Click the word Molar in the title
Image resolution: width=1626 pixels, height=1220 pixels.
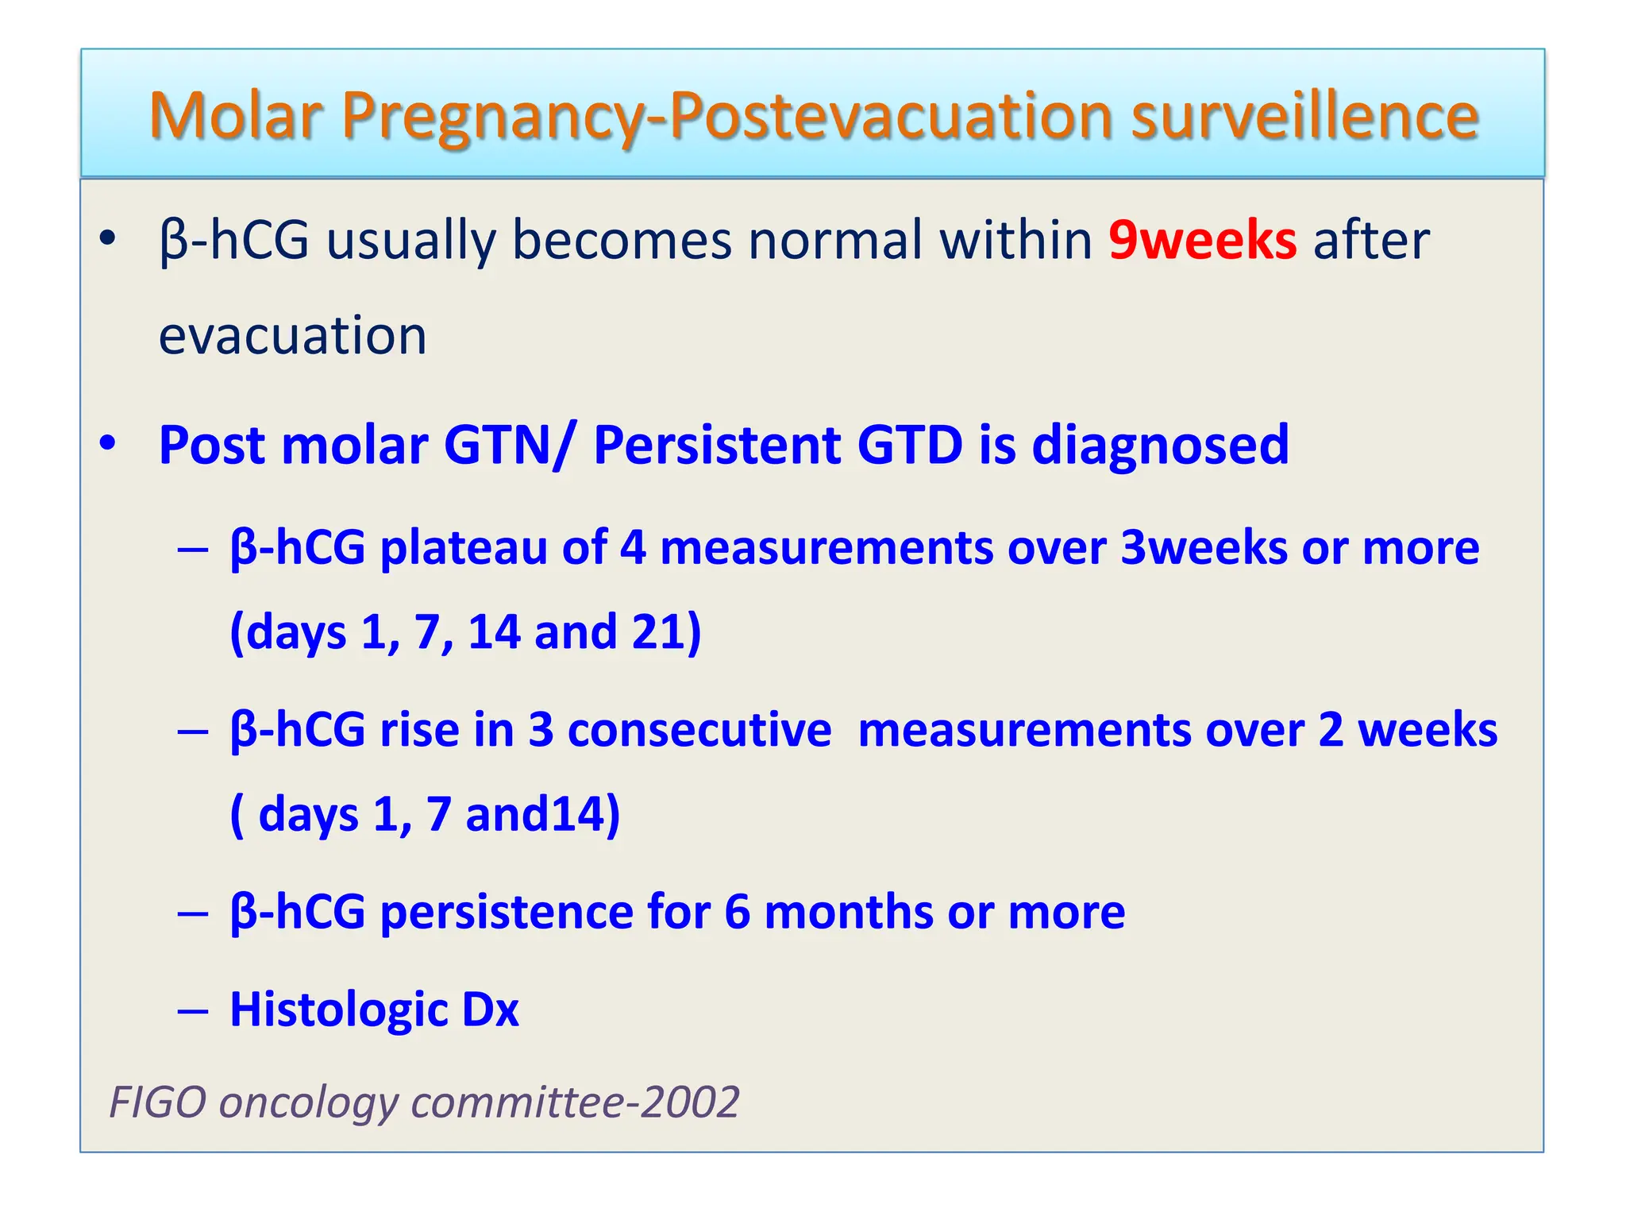click(236, 116)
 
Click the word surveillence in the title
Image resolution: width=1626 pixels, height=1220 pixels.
click(1304, 116)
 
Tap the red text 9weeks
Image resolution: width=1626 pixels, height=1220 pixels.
click(1202, 240)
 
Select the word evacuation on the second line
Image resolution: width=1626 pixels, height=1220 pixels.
click(292, 335)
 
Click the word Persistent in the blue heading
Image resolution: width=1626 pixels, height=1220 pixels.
click(716, 445)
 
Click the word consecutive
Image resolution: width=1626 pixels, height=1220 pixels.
click(699, 730)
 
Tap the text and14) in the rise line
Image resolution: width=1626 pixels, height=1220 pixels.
click(543, 815)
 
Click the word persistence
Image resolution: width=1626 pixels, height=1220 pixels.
click(506, 912)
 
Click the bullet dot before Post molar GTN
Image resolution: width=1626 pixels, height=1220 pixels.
click(108, 444)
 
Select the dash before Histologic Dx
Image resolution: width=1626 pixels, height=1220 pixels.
click(193, 1011)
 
